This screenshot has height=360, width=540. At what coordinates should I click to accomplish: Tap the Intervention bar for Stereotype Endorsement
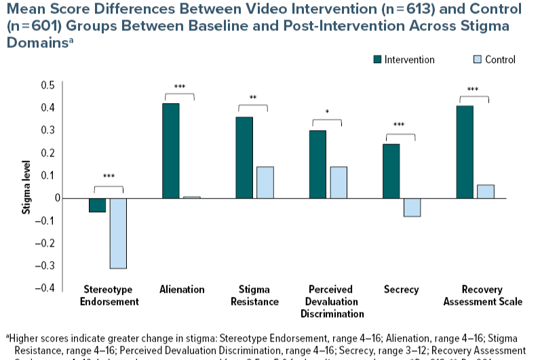98,205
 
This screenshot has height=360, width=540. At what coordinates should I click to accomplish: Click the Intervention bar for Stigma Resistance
244,157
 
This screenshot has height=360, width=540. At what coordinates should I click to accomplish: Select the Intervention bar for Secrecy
391,171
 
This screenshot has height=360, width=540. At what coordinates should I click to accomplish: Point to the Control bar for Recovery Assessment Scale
486,191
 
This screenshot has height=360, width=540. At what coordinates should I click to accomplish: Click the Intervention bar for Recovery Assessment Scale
465,152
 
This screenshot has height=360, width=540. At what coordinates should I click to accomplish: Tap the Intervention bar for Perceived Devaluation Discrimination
317,164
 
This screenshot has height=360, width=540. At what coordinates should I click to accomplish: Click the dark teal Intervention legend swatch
377,60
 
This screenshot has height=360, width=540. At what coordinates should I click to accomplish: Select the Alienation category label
182,289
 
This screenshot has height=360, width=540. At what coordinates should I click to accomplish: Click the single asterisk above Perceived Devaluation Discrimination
327,112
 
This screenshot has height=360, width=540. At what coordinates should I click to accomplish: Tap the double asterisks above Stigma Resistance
253,98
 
